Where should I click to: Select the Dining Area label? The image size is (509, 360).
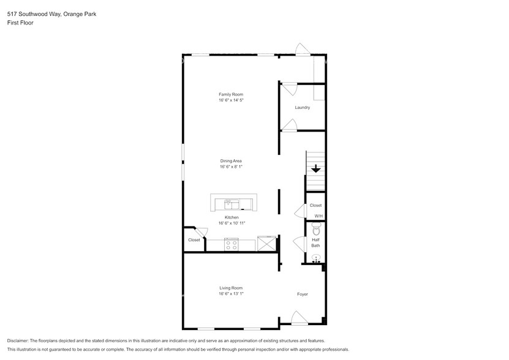tap(231, 161)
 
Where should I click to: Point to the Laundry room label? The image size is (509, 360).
tap(302, 107)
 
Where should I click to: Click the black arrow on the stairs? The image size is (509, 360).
tap(315, 169)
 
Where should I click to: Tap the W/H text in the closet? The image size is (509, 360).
tap(319, 216)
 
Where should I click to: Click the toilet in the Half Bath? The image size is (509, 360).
tap(316, 228)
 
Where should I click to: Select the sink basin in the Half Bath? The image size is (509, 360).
tap(316, 258)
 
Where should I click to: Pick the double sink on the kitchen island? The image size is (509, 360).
tap(232, 203)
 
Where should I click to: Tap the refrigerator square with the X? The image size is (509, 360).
tap(266, 243)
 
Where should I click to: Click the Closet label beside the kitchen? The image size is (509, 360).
tap(194, 240)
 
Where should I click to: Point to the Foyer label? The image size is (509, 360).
tap(302, 294)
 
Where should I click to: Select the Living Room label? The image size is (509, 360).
tap(231, 288)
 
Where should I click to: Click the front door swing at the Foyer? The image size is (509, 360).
tap(298, 317)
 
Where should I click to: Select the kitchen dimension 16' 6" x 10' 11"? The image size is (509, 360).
tap(232, 223)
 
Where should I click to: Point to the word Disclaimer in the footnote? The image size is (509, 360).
tap(18, 340)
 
